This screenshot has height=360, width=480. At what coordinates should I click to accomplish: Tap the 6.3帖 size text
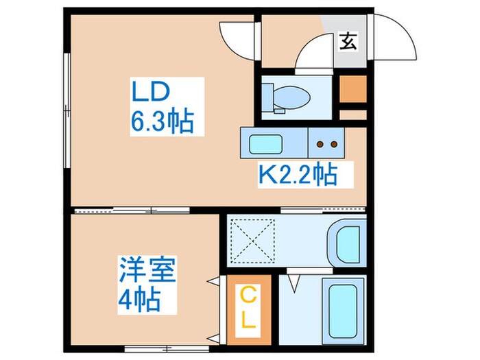[x=163, y=122]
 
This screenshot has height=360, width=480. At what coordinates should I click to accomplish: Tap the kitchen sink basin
[x=263, y=145]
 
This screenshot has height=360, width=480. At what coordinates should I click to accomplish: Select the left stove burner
[x=320, y=145]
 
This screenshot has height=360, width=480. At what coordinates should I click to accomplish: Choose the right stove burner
[x=334, y=145]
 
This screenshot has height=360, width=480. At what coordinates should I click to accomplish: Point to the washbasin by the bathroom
[x=345, y=241]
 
